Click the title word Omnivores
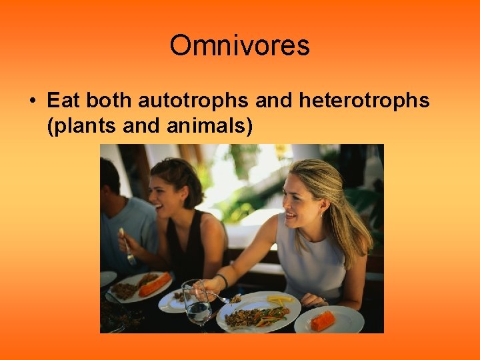[239, 46]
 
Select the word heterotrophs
[364, 101]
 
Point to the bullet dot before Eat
[32, 101]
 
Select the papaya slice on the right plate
[323, 320]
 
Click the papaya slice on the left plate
[154, 285]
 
